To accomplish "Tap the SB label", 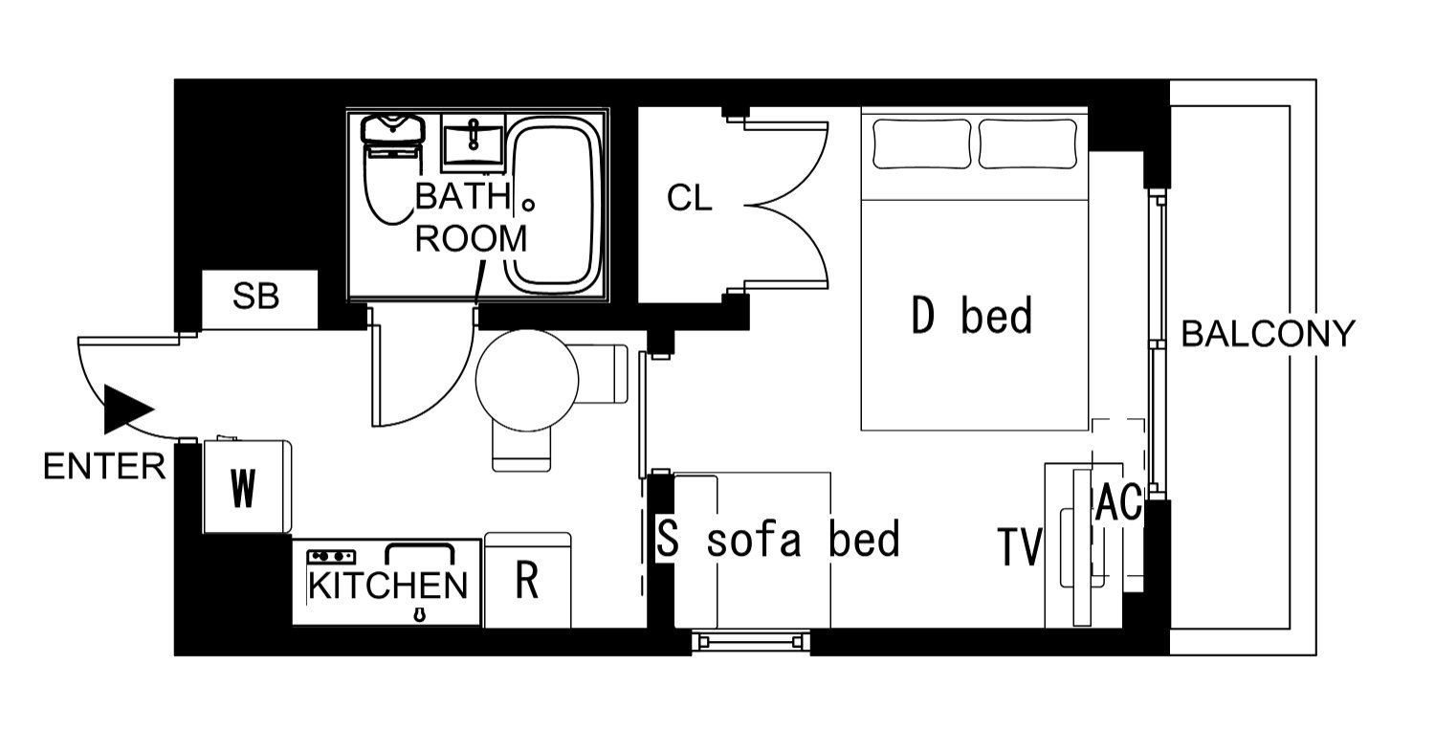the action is (255, 297).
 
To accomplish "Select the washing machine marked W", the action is (247, 485).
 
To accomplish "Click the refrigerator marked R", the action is (528, 581).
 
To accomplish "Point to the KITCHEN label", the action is (388, 586).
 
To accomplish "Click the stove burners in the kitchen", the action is (331, 557).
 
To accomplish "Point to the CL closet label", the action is (690, 199).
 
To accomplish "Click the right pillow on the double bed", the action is (1028, 144).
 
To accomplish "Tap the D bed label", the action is (972, 315).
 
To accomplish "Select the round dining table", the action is (527, 380).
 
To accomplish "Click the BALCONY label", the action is (1269, 334).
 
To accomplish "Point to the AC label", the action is (1119, 502).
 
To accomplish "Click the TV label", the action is (1021, 547).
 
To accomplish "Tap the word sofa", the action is (754, 540).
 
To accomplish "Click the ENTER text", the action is (104, 466).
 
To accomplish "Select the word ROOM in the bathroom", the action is (472, 239).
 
